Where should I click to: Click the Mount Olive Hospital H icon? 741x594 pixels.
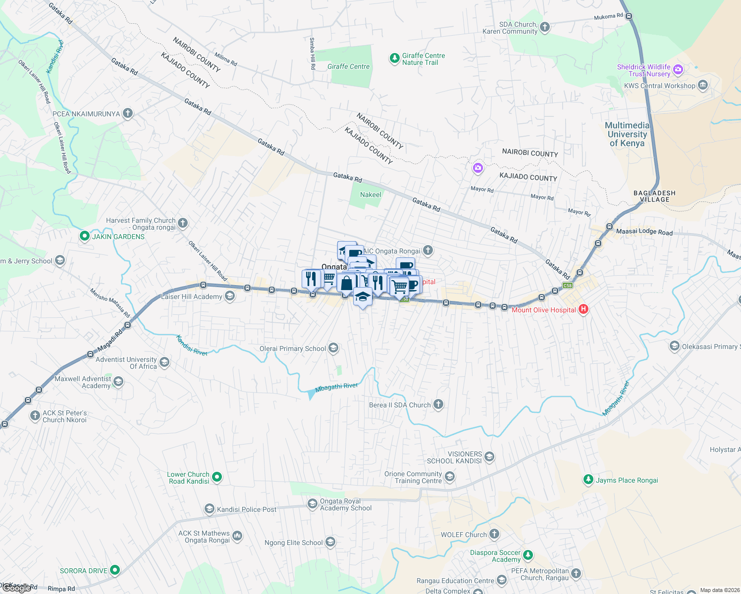point(583,309)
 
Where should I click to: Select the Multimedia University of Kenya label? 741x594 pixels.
point(627,135)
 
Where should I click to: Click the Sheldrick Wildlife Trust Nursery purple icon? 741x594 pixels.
point(678,70)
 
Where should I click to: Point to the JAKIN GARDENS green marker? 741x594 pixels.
point(84,237)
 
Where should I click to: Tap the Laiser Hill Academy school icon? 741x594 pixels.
point(229,297)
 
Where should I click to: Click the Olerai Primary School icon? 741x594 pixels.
point(333,348)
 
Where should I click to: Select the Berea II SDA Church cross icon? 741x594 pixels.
point(438,404)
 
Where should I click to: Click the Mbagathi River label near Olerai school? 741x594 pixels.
point(336,387)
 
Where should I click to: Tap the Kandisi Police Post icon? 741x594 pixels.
point(209,509)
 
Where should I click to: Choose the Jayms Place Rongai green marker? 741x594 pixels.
point(588,480)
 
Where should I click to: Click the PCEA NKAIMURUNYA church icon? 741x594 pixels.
point(128,113)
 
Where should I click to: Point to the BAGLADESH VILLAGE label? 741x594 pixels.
point(654,197)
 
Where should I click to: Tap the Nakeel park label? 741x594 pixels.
point(370,195)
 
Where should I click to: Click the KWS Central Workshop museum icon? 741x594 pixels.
point(702,85)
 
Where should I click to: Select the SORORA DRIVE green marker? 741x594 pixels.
point(115,570)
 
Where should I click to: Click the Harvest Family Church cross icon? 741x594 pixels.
point(183,223)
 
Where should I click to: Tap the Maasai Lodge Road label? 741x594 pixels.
point(644,232)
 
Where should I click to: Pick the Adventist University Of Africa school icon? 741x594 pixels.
point(164,363)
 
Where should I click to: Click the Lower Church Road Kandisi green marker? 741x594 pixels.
point(217,477)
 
